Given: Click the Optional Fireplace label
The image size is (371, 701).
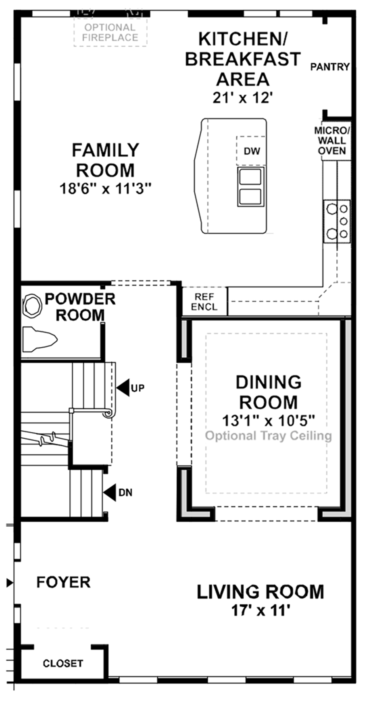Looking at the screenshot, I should click(110, 33).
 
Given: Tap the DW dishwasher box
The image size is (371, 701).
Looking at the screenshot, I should click(252, 151).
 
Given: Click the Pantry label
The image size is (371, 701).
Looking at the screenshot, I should click(330, 67).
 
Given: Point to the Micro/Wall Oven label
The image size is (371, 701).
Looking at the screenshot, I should click(332, 141).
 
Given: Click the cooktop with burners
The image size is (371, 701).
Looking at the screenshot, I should click(337, 221).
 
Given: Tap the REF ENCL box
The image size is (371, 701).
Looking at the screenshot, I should click(204, 302).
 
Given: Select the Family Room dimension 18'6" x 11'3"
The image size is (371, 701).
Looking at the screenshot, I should click(105, 188).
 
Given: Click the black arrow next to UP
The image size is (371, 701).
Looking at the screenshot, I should click(124, 388).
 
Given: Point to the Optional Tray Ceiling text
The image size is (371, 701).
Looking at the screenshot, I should click(269, 436).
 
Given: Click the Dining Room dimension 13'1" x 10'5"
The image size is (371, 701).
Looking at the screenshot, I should click(269, 421).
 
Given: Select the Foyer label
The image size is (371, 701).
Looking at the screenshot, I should click(63, 582).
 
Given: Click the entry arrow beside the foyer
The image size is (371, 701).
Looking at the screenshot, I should click(10, 583).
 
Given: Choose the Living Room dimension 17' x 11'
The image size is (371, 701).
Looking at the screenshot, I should click(261, 611).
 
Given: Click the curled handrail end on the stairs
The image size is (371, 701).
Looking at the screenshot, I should click(108, 413).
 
